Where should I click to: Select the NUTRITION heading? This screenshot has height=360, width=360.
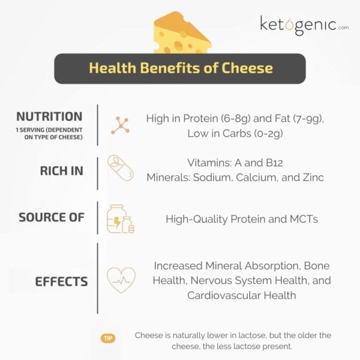(x=49, y=116)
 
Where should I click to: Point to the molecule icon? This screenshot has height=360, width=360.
(x=120, y=125)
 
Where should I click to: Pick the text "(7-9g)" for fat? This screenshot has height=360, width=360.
(x=304, y=119)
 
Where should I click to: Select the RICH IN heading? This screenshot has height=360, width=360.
(x=61, y=170)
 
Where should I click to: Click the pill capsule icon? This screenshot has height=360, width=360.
(x=119, y=170)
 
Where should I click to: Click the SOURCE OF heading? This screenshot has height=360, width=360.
(x=52, y=217)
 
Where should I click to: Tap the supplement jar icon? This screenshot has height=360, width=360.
(x=119, y=218)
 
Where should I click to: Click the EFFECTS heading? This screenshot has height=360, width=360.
(x=61, y=281)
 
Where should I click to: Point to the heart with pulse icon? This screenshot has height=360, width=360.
(x=120, y=280)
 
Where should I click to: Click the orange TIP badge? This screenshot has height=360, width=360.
(x=108, y=339)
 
